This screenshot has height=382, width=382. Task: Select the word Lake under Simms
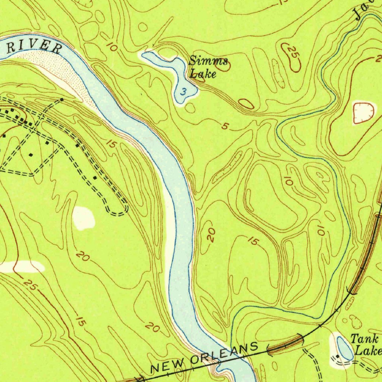click(x=203, y=73)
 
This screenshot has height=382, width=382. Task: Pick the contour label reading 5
click(x=224, y=126)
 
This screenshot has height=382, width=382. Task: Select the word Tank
click(x=364, y=339)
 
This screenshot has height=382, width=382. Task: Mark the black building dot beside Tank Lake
click(x=338, y=357)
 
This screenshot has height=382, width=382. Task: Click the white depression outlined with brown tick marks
click(x=363, y=112)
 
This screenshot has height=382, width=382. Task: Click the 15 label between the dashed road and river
click(x=111, y=144)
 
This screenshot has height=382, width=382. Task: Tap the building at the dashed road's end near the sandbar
click(x=62, y=100)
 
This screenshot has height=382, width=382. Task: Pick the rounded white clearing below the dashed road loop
click(x=83, y=217)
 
